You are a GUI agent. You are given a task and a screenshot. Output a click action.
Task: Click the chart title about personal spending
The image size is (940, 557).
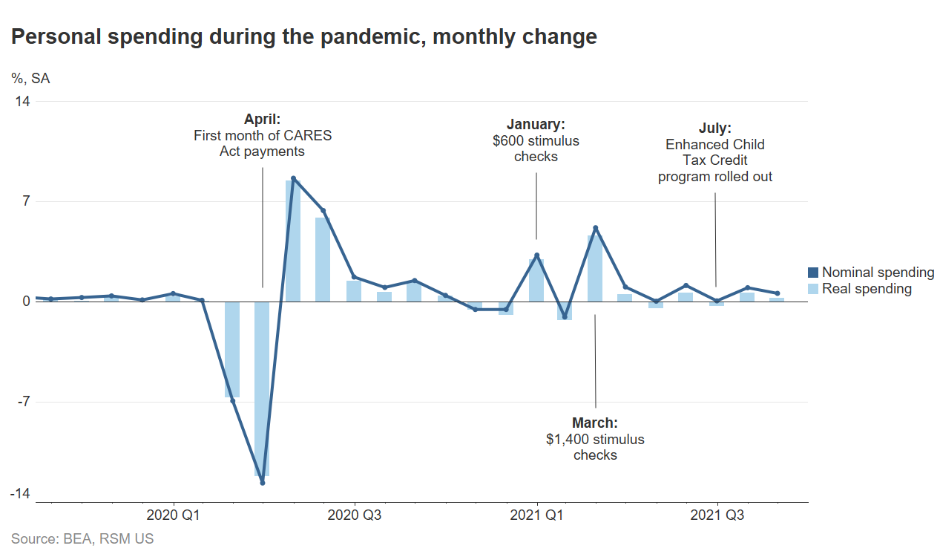pos(304,36)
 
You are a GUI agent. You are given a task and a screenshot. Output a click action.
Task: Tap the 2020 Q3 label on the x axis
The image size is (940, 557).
pos(355,515)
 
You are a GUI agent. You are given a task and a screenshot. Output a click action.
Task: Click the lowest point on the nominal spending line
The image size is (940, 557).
pos(263,483)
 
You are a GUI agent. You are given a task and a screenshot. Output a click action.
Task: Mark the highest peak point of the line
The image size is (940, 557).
pos(293,178)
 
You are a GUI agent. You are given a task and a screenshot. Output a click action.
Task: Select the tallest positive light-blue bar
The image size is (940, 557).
pos(292,241)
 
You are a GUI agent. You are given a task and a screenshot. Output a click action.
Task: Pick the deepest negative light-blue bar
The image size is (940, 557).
pos(261,388)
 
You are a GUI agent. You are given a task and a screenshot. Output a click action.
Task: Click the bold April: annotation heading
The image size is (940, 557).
pos(263,119)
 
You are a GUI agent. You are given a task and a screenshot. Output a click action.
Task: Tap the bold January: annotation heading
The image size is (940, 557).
pos(536,124)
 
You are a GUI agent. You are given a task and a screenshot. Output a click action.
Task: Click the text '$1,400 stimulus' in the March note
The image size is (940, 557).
pos(595,439)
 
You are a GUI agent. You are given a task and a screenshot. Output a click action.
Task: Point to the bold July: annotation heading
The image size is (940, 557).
pos(715,128)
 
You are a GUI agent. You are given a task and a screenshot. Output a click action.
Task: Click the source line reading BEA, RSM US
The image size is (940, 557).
pos(82,539)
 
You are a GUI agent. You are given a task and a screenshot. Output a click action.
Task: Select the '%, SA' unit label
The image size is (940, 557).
pos(30,78)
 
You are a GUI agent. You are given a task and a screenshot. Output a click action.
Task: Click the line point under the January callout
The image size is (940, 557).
pos(536,255)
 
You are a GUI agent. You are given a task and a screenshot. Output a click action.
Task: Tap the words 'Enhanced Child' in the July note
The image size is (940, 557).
pos(715,144)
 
